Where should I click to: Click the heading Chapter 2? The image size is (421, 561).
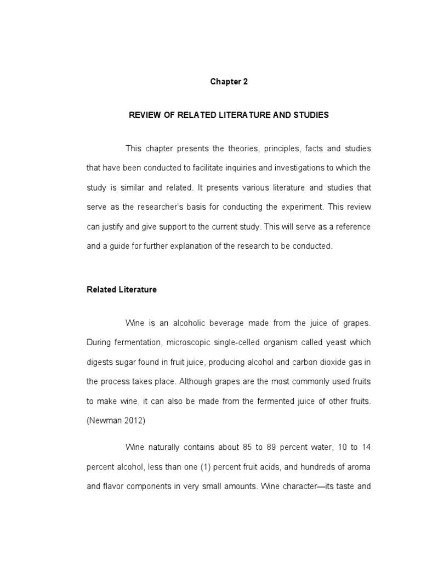[x=229, y=82]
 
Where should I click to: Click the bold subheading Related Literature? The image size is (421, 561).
[x=122, y=290]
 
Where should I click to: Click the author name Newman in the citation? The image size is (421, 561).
[x=104, y=420]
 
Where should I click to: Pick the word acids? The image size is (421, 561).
[x=244, y=467]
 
